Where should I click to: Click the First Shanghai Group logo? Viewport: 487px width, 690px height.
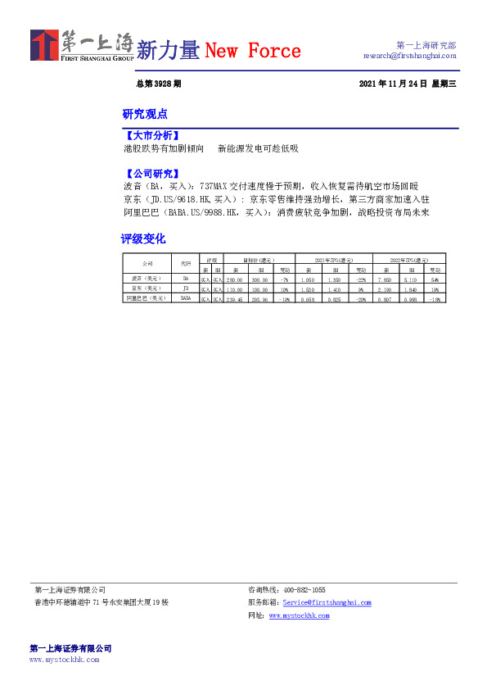click(81, 47)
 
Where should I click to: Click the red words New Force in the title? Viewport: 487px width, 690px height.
click(253, 51)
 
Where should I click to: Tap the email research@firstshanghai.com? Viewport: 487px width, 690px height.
click(409, 56)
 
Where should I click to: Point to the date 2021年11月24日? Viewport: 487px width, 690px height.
click(393, 84)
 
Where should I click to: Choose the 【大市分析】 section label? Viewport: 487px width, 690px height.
click(151, 135)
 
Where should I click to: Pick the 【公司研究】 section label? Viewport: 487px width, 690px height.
click(151, 174)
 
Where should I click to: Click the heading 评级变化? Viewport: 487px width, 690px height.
click(143, 238)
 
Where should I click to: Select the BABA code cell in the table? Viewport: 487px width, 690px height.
click(186, 299)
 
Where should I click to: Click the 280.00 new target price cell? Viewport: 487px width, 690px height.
click(236, 279)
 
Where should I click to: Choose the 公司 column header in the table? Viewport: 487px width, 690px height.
click(147, 263)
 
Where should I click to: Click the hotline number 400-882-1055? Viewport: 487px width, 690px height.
click(304, 590)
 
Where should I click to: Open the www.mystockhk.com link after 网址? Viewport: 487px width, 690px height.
click(300, 615)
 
